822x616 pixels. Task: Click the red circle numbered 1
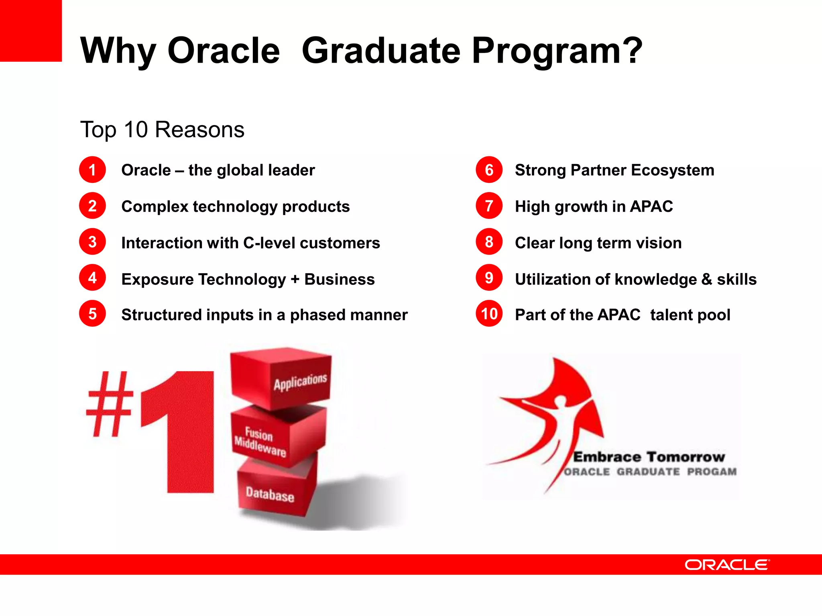pos(92,170)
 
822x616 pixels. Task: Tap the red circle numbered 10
pos(489,314)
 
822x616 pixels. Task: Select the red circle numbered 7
pos(489,206)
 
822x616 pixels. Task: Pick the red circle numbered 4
pos(92,278)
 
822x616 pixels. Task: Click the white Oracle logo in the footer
pos(727,565)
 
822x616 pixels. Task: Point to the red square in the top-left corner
pos(31,30)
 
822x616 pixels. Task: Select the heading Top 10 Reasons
pos(162,130)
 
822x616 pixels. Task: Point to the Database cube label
pos(270,494)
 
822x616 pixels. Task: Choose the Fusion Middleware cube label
pos(260,442)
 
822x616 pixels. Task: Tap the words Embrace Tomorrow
pos(649,457)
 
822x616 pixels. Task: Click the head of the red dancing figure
pos(560,401)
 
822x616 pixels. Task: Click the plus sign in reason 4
pos(295,279)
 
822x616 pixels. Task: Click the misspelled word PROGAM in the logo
pos(712,472)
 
